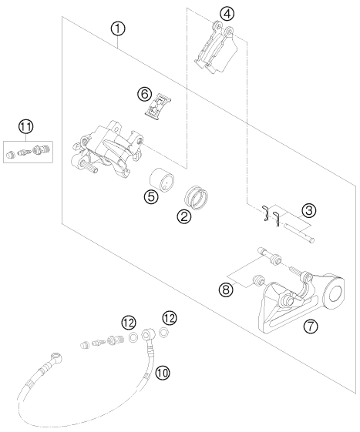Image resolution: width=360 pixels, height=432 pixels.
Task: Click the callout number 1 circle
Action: (118, 29)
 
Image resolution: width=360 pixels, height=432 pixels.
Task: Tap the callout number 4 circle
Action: (227, 14)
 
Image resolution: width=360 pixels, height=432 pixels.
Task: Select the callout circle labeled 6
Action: (145, 94)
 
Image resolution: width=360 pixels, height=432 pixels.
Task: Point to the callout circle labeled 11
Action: (26, 127)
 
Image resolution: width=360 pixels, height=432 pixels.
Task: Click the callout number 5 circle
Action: (151, 196)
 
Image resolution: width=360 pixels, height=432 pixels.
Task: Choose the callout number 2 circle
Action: (184, 216)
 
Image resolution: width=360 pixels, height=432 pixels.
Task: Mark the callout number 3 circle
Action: (308, 210)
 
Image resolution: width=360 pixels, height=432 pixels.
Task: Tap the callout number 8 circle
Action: (226, 290)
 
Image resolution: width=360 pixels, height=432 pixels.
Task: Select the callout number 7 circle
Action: (311, 327)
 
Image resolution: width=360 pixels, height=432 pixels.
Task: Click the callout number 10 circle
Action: (162, 373)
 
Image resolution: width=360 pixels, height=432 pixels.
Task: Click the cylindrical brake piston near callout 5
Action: (162, 180)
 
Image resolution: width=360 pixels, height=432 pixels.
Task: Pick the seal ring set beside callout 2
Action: (196, 197)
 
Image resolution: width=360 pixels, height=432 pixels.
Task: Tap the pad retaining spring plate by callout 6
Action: (157, 106)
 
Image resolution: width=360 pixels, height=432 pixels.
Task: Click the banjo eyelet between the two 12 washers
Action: (146, 334)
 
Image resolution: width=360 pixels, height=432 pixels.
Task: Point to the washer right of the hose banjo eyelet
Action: (163, 333)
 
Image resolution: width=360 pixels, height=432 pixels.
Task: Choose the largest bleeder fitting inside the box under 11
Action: (42, 150)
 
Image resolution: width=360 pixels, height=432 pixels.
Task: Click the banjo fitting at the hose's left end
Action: (56, 357)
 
